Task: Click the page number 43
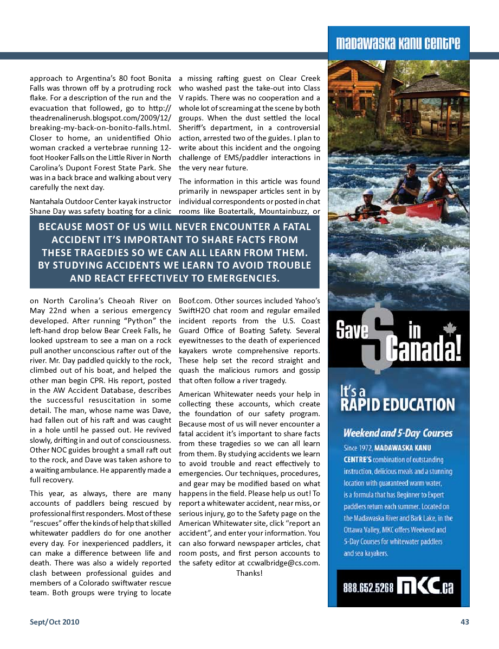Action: tap(464, 622)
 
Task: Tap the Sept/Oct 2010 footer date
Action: tap(54, 622)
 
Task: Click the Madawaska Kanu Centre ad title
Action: tap(398, 43)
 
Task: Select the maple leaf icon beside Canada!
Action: tap(450, 329)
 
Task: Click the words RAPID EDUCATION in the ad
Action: tap(398, 404)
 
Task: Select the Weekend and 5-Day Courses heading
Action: tap(398, 433)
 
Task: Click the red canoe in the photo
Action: tap(428, 204)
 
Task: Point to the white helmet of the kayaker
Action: tap(368, 194)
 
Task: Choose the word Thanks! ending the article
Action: tap(249, 573)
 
